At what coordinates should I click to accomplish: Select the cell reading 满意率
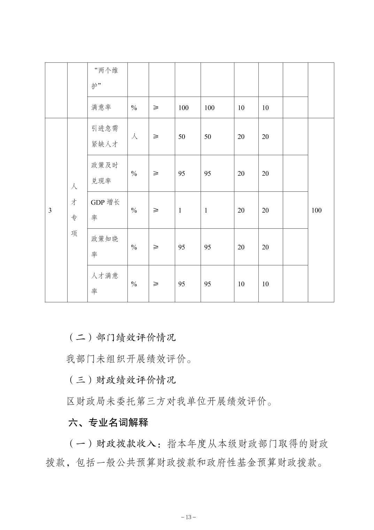(x=101, y=108)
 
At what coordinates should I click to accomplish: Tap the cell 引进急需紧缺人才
(x=105, y=136)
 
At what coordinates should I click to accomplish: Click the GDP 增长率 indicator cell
(x=105, y=210)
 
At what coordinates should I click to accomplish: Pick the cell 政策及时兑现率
(x=105, y=173)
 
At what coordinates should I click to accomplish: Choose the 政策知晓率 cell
(x=105, y=247)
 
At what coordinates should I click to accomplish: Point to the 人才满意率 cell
(x=105, y=283)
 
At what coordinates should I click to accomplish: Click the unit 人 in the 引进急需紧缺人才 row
(x=134, y=136)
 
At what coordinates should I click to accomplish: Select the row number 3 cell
(x=50, y=210)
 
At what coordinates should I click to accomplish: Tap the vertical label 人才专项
(x=74, y=210)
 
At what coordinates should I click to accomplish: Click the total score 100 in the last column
(x=316, y=210)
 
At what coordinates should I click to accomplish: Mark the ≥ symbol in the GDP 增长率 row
(x=156, y=210)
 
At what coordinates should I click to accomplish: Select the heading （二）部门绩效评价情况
(x=122, y=338)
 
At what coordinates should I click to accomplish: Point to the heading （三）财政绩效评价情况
(x=122, y=380)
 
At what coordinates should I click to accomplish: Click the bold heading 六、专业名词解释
(x=108, y=423)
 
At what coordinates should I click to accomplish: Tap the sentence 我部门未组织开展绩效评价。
(x=129, y=359)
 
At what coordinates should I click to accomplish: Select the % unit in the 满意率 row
(x=134, y=108)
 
